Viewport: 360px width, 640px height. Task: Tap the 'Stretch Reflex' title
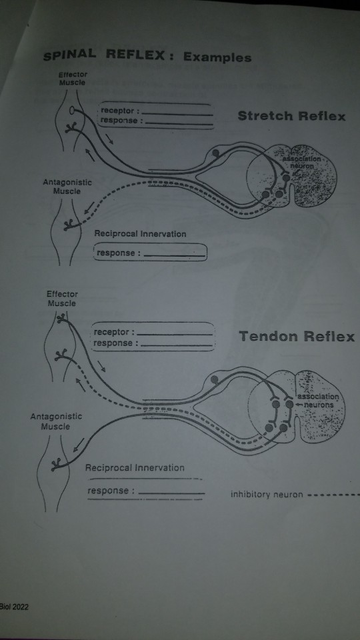pyautogui.click(x=291, y=117)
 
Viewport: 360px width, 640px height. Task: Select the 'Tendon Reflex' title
pyautogui.click(x=296, y=337)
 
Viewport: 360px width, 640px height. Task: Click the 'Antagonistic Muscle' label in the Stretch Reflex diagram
pyautogui.click(x=67, y=186)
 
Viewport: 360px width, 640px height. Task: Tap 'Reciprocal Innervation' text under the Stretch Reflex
pyautogui.click(x=140, y=234)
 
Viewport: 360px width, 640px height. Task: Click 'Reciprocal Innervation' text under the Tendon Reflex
pyautogui.click(x=135, y=468)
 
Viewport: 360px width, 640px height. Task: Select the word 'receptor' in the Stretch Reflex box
pyautogui.click(x=118, y=111)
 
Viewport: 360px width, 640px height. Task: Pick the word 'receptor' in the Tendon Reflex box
pyautogui.click(x=112, y=332)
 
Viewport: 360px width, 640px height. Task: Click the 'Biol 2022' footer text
pyautogui.click(x=14, y=607)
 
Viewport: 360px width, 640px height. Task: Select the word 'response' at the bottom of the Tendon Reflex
pyautogui.click(x=109, y=491)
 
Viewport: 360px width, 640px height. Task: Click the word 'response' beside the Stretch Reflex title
pyautogui.click(x=119, y=121)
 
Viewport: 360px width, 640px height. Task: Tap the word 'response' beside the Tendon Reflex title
pyautogui.click(x=113, y=343)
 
